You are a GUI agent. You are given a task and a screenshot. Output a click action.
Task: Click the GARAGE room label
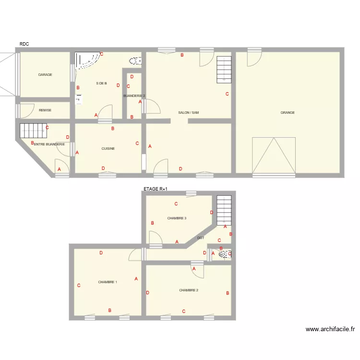[45, 75]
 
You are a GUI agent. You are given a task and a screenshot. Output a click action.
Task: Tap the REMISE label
[45, 110]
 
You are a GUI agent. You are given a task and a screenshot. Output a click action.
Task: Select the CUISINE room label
[108, 149]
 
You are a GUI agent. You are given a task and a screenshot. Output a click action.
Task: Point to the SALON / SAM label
[189, 113]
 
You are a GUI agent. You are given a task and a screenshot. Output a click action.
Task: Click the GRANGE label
[288, 113]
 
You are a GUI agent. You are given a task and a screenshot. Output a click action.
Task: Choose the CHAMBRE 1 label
[108, 282]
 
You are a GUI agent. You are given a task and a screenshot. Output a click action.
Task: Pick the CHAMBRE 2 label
[189, 290]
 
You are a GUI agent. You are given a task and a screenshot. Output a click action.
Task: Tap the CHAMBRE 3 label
[177, 218]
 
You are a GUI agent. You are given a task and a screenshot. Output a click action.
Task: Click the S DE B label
[101, 84]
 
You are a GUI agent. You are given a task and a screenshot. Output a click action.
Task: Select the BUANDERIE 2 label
[134, 96]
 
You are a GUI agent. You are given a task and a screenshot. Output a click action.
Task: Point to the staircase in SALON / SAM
[224, 70]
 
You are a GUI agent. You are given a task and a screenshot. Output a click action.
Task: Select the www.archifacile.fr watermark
[330, 329]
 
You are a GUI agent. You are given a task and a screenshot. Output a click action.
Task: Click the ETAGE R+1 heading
[156, 190]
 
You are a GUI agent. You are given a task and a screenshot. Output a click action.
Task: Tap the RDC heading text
[24, 44]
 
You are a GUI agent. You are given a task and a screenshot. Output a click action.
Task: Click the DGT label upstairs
[201, 238]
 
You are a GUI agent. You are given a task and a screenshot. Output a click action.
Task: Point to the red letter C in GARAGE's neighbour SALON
[227, 94]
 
